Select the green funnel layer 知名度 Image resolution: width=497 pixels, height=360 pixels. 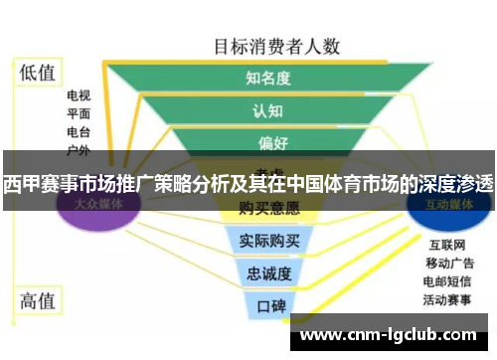[x=267, y=78]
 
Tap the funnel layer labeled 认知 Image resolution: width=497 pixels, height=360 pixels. [x=267, y=110]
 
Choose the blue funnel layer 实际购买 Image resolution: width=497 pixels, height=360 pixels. [x=268, y=242]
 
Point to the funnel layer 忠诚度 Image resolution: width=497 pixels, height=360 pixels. [x=268, y=273]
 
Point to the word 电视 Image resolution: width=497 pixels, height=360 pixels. [x=79, y=96]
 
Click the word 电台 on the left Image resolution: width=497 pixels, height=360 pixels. [x=79, y=132]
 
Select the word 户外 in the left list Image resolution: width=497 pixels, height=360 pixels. [x=79, y=150]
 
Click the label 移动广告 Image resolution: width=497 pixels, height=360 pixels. [x=449, y=264]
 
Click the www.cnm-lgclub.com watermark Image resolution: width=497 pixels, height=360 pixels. [x=388, y=335]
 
